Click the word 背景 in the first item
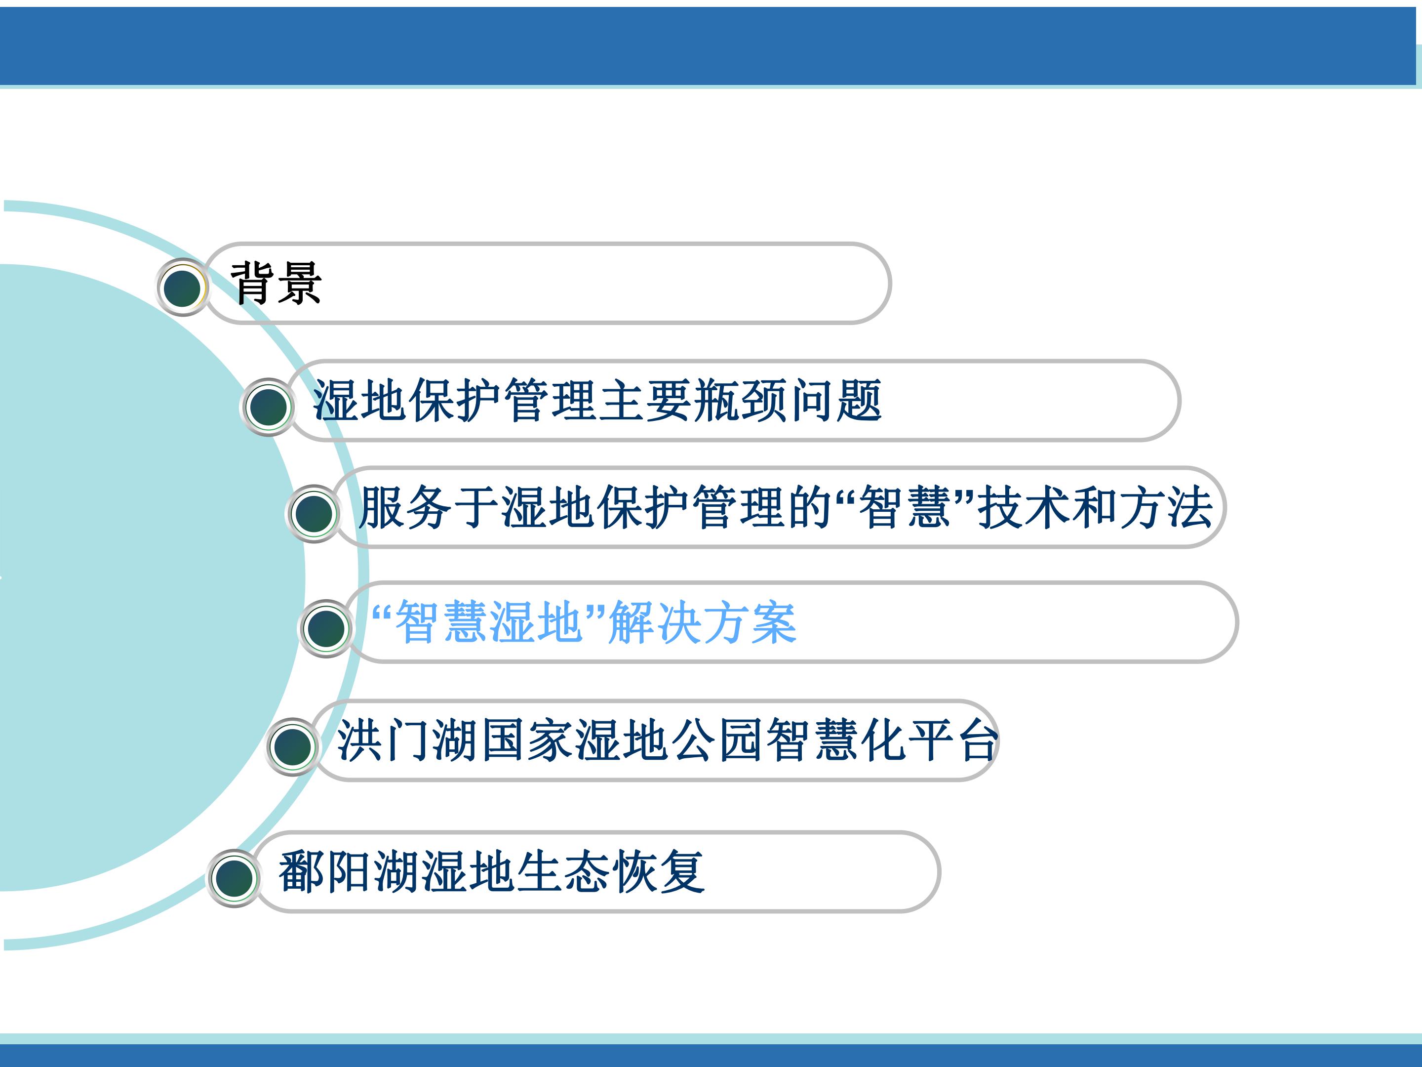[x=276, y=283]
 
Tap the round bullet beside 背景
[x=183, y=287]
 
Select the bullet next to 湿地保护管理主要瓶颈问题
[x=268, y=407]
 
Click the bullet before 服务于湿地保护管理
[x=313, y=513]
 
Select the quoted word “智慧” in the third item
[x=905, y=507]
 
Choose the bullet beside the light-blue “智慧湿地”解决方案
[x=326, y=628]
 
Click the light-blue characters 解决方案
[x=702, y=622]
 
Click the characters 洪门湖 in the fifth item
[x=407, y=740]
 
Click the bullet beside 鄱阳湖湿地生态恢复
[x=235, y=879]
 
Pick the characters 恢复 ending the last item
[x=658, y=871]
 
